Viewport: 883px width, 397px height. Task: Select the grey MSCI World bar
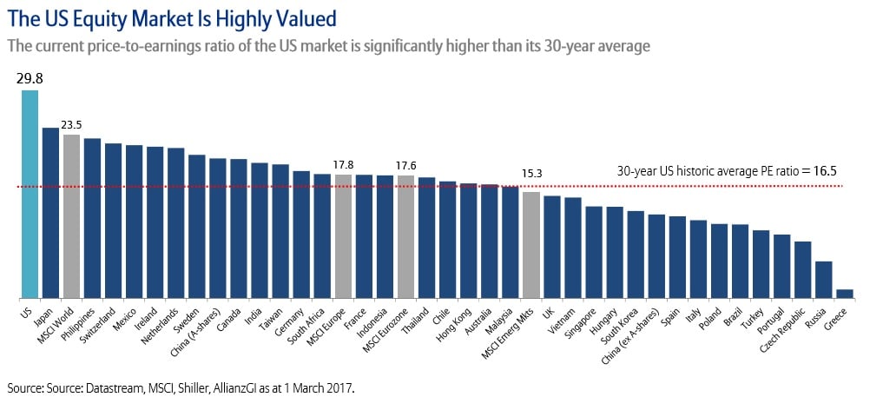point(71,217)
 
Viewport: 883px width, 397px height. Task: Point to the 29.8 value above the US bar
point(30,79)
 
